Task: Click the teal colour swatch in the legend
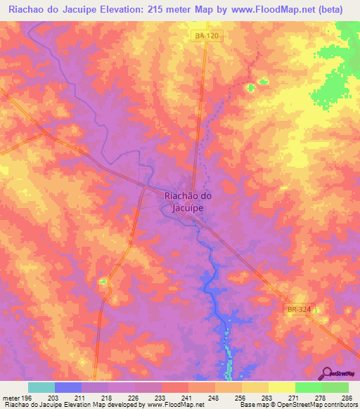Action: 41,387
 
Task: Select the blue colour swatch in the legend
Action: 68,387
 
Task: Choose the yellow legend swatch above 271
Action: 281,387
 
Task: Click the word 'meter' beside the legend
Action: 10,398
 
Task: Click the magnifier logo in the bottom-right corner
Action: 327,373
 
